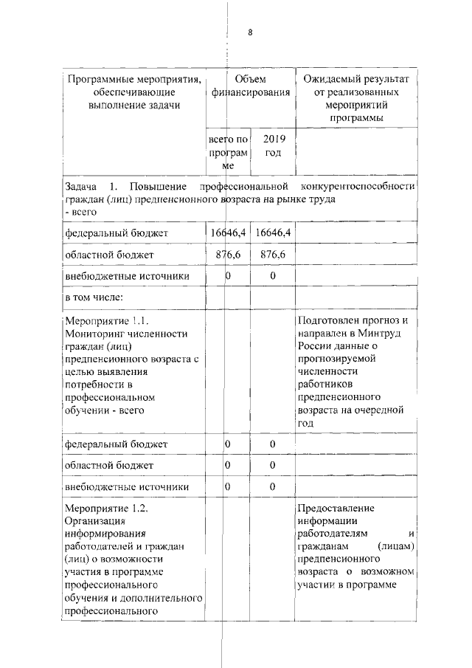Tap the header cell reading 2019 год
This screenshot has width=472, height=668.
coord(273,145)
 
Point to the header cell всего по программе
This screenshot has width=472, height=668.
coord(228,153)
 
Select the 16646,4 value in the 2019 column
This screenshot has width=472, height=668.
coord(273,233)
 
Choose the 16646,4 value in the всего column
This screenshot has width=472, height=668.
coord(228,233)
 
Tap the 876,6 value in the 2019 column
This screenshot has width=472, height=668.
coord(273,255)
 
